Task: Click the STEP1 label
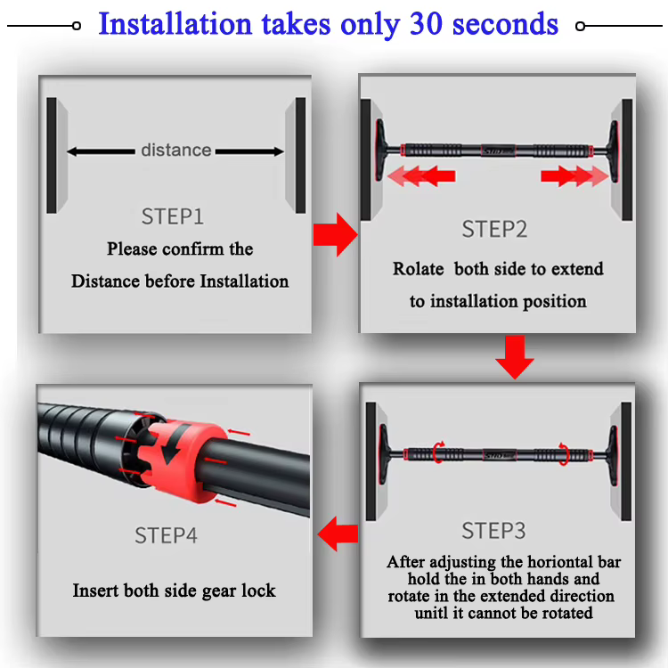(173, 216)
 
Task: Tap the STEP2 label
(494, 229)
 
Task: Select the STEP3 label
(493, 531)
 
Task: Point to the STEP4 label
(167, 535)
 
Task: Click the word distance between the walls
(176, 150)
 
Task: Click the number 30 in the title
(426, 23)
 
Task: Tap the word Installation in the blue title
(175, 23)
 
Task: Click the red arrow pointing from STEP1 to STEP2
(335, 235)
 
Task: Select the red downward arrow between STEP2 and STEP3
(515, 357)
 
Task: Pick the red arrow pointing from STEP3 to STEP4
(338, 534)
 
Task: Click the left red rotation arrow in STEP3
(438, 452)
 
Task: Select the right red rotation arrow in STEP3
(564, 454)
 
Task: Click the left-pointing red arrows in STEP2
(421, 176)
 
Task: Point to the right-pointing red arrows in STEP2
(574, 176)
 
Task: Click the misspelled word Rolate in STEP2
(418, 269)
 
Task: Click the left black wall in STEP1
(52, 156)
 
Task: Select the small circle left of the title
(77, 26)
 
